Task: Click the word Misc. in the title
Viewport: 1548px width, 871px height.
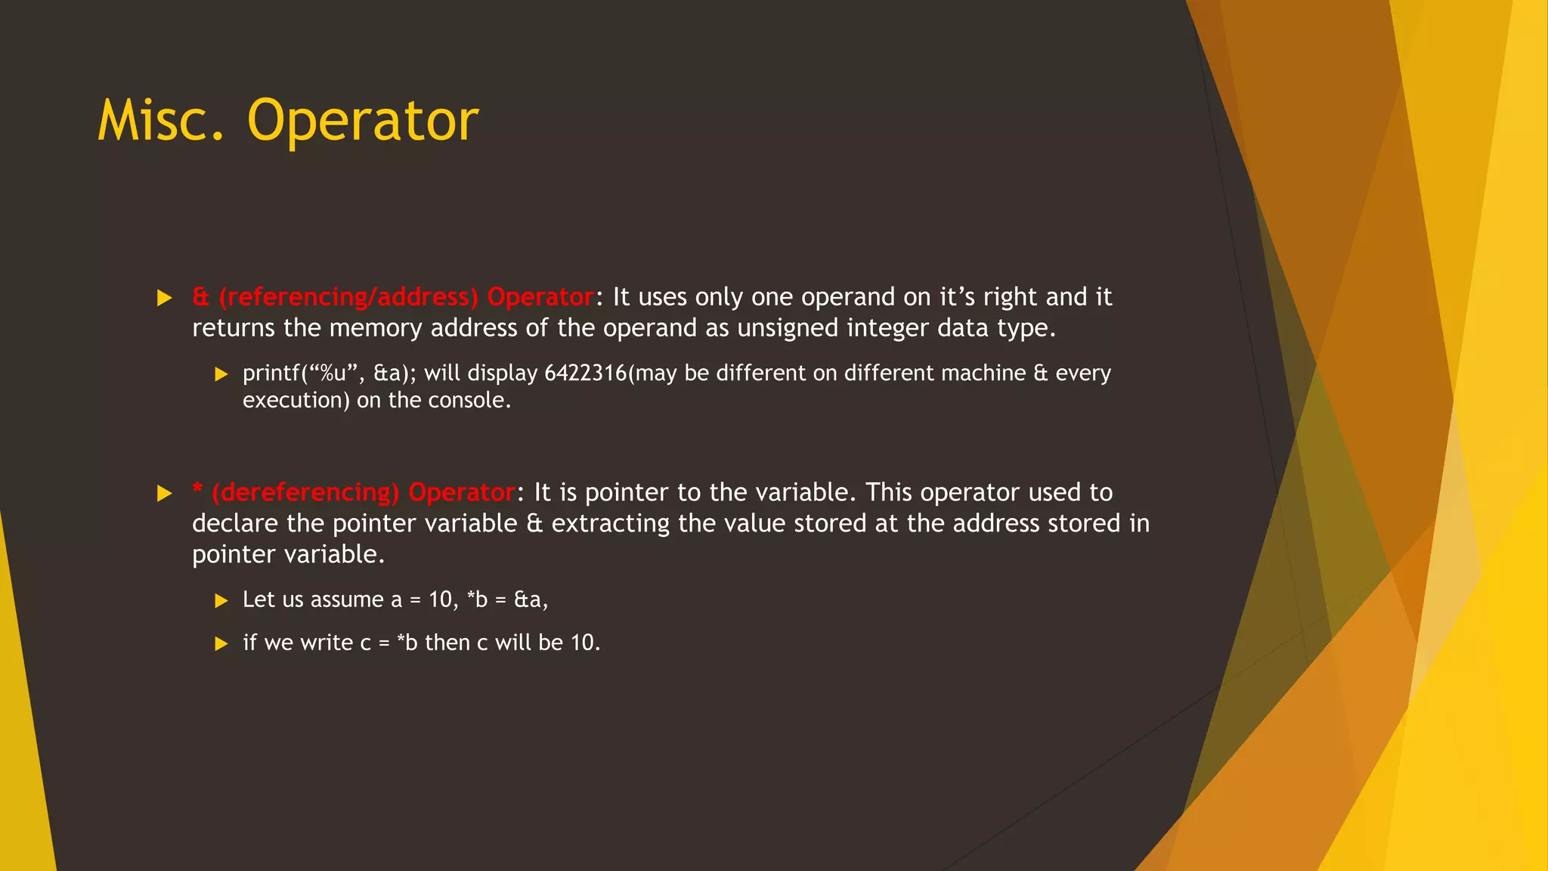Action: coord(161,121)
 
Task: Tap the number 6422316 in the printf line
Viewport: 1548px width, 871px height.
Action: coord(585,374)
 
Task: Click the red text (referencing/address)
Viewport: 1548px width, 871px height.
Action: coord(348,297)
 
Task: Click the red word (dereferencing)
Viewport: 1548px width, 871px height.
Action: coord(305,493)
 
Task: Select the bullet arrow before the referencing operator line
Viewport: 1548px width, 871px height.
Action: coord(165,298)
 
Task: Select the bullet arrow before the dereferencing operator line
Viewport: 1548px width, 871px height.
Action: coord(165,494)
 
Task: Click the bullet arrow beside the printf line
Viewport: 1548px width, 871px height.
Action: coord(221,374)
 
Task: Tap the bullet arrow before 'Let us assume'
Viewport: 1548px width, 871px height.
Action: coord(221,601)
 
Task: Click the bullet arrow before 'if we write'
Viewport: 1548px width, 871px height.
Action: coord(221,644)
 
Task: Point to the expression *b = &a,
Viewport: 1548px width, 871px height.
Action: coord(507,600)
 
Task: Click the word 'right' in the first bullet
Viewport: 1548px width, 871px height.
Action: coord(1010,297)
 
